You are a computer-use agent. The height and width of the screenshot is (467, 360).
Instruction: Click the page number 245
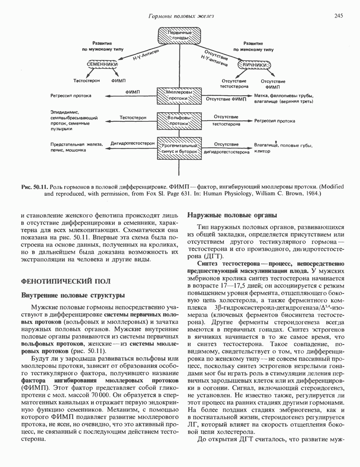(338, 15)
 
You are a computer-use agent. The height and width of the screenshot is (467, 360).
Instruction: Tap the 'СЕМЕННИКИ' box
(102, 64)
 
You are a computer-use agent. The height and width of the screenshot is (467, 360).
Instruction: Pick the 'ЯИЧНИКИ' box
(254, 65)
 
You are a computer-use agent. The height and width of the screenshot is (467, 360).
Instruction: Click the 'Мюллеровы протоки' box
(178, 95)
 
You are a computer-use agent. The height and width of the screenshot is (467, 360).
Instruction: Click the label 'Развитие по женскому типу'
(253, 46)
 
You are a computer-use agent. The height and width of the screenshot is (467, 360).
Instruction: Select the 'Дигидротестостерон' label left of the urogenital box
(132, 143)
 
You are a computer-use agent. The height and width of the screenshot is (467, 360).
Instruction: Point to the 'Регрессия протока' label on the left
(71, 96)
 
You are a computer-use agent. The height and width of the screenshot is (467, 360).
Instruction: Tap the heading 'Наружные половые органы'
(232, 216)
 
